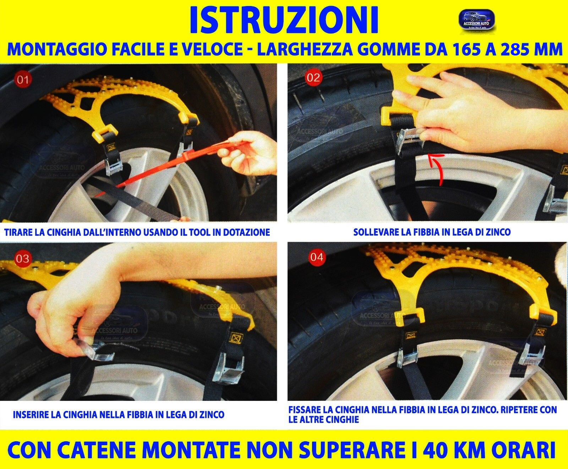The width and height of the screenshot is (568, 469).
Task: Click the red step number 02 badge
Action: click(313, 77)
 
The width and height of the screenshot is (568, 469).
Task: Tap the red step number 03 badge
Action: click(22, 258)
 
